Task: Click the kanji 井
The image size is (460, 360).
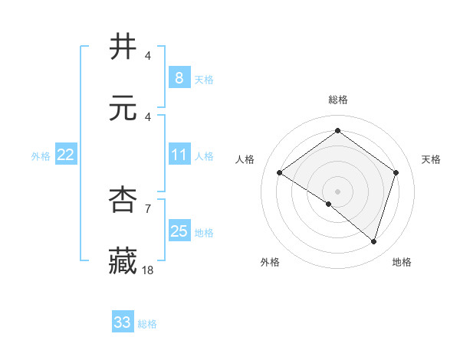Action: tap(123, 47)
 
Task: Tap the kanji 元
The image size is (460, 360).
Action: tap(123, 108)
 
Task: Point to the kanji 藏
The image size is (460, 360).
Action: tap(123, 260)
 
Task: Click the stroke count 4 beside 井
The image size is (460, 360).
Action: tap(148, 56)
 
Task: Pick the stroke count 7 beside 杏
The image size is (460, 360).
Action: tap(148, 208)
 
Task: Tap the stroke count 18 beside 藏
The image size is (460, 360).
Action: tap(148, 269)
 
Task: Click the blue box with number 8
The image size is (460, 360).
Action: tap(179, 77)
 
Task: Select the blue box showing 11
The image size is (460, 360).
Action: tap(179, 155)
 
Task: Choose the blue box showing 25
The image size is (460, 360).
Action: tap(179, 231)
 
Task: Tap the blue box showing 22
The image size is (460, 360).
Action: tap(65, 155)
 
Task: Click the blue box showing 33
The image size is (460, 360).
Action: tap(123, 322)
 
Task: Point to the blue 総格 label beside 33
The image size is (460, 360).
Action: tap(147, 324)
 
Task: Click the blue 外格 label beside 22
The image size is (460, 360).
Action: tap(41, 156)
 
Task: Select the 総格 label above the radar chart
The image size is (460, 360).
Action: tap(337, 100)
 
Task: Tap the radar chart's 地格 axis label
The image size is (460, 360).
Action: tap(402, 262)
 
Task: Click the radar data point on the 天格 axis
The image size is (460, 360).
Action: tap(396, 172)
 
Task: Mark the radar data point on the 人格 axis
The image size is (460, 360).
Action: tap(279, 172)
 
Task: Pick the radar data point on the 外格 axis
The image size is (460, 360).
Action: tap(329, 204)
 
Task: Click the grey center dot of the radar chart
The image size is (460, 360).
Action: tap(337, 191)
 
